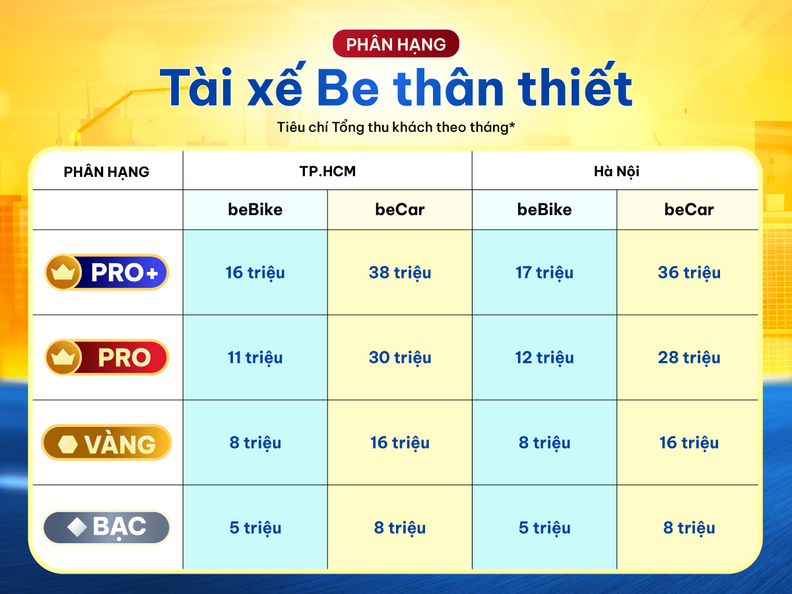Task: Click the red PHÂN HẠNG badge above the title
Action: pyautogui.click(x=396, y=44)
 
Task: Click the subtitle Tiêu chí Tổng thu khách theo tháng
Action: pyautogui.click(x=396, y=127)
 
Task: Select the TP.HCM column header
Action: pyautogui.click(x=327, y=172)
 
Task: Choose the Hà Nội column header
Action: pyautogui.click(x=616, y=172)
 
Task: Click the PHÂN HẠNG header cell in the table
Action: pyautogui.click(x=106, y=172)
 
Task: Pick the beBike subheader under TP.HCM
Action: pyautogui.click(x=255, y=209)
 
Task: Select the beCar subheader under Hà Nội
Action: pyautogui.click(x=689, y=209)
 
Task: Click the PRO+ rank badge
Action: pyautogui.click(x=107, y=273)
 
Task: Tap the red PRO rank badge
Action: pyautogui.click(x=107, y=358)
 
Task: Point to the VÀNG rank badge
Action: pyautogui.click(x=106, y=442)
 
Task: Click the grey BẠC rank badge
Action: pyautogui.click(x=106, y=527)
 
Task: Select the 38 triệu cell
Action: pyautogui.click(x=400, y=273)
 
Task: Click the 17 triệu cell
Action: pyautogui.click(x=544, y=273)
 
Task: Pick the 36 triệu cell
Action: pyautogui.click(x=689, y=273)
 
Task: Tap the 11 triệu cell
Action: pyautogui.click(x=255, y=358)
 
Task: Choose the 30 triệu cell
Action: pyautogui.click(x=400, y=358)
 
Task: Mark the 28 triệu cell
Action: pyautogui.click(x=689, y=358)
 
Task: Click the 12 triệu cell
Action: pyautogui.click(x=544, y=358)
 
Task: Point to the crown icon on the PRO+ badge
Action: pyautogui.click(x=63, y=273)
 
